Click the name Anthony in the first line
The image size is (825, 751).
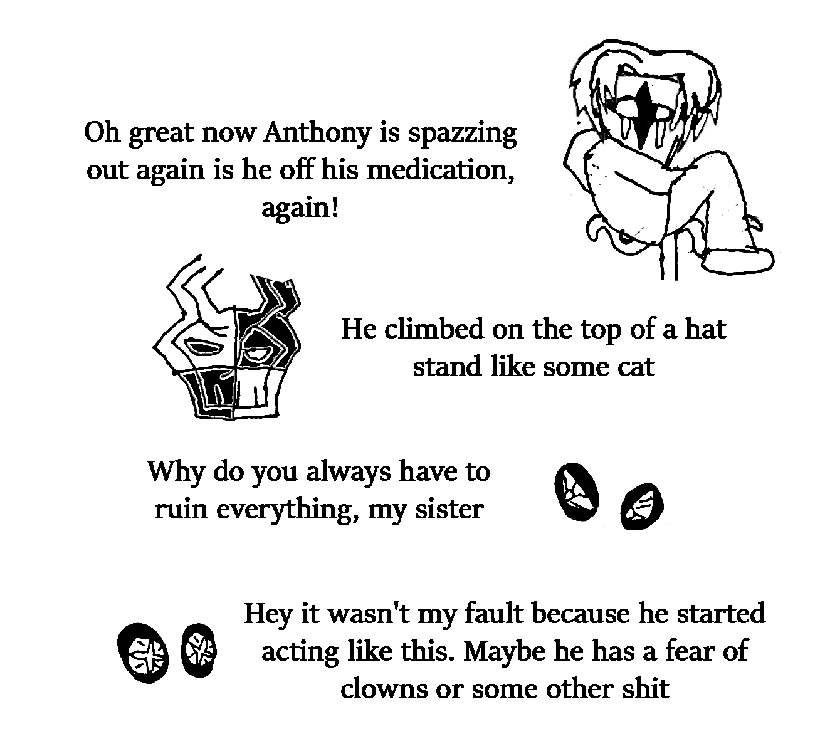point(318,134)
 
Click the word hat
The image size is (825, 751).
point(705,330)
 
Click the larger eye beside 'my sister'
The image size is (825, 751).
point(576,492)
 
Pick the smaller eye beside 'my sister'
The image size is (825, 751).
point(641,507)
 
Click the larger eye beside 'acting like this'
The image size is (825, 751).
point(144,654)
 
